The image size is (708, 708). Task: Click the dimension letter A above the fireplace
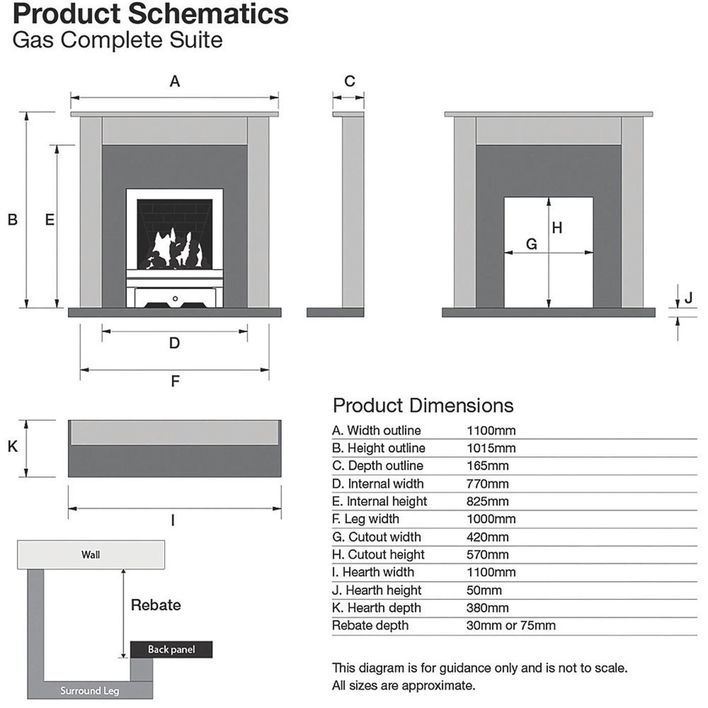(x=174, y=81)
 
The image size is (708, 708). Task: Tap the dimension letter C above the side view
(x=349, y=81)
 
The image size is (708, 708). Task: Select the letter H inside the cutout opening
(x=557, y=229)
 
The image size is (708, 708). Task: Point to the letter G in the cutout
(x=532, y=244)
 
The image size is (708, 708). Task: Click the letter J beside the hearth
(x=688, y=298)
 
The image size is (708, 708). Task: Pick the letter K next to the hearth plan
(x=13, y=447)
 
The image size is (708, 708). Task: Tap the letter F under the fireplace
(x=175, y=381)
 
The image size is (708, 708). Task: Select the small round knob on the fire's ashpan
(x=175, y=299)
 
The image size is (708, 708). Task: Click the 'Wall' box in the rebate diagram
(x=91, y=555)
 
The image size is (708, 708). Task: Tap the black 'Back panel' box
(x=171, y=649)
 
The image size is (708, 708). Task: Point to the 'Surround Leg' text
(x=90, y=691)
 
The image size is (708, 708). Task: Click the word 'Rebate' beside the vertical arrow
(x=156, y=605)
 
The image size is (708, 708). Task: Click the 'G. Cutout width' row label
(x=376, y=537)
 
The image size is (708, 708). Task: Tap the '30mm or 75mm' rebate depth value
(x=511, y=626)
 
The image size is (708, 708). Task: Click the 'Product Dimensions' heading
(x=423, y=406)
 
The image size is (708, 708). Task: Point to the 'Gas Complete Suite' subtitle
(x=117, y=40)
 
